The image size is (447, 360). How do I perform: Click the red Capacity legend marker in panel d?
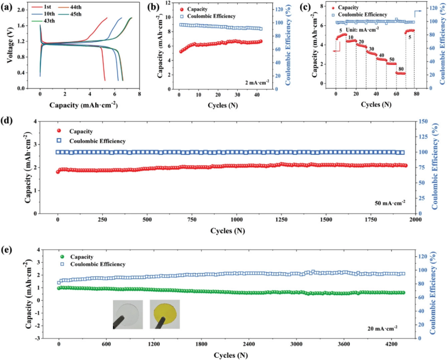pos(59,131)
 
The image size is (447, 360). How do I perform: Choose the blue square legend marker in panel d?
pos(59,141)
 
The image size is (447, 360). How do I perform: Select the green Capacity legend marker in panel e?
pos(62,257)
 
